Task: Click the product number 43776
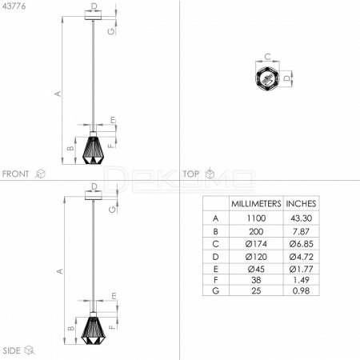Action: tap(14, 6)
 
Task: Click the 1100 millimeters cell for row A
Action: tap(256, 218)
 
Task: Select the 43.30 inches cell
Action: tap(301, 218)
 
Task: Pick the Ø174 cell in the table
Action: tap(256, 244)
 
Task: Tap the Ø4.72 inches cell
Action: tap(301, 257)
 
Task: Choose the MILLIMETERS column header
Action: tap(256, 204)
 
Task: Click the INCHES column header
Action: tap(301, 204)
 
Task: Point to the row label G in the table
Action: tap(216, 290)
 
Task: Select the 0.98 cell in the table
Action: tap(301, 290)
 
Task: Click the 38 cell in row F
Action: tap(256, 280)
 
